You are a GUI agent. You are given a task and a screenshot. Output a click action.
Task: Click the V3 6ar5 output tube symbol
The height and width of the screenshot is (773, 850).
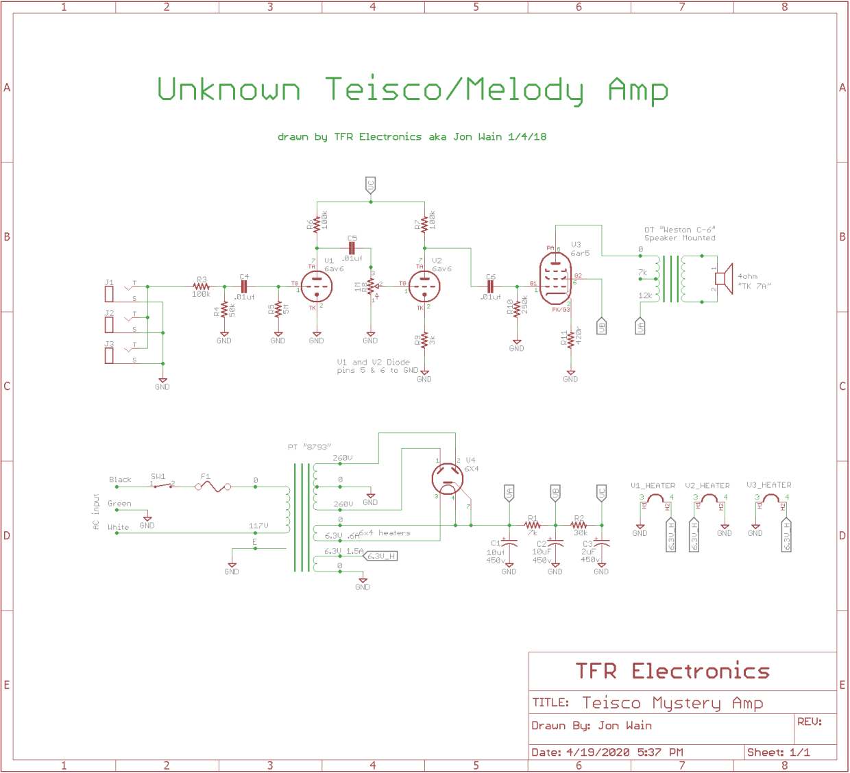coord(555,278)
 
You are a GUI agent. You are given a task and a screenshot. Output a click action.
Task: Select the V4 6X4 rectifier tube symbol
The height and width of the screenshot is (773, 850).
coord(448,478)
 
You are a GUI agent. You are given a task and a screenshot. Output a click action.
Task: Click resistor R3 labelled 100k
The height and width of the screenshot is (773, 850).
coord(202,286)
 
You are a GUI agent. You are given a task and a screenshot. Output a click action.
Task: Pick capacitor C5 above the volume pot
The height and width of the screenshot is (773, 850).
coord(352,247)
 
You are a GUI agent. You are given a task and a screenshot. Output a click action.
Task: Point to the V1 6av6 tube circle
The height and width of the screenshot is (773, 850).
coord(317,286)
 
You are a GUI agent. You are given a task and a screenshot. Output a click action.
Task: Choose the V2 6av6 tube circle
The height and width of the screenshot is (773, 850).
coord(424,286)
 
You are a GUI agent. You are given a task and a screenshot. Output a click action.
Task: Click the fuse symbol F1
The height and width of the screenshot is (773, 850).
coord(213,487)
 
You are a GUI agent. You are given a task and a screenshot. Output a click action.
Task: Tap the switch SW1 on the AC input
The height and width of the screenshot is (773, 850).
coord(162,484)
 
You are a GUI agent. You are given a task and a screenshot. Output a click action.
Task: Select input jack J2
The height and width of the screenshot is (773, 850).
coord(109,324)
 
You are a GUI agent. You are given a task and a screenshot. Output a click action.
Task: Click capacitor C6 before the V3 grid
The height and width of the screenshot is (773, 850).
coord(490,286)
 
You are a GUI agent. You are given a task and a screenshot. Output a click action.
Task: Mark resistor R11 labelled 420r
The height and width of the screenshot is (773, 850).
coord(570,340)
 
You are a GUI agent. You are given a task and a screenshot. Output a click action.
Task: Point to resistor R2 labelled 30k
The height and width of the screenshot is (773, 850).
coord(579,526)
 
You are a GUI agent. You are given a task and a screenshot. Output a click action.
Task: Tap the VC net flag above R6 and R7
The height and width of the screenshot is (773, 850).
coord(370,184)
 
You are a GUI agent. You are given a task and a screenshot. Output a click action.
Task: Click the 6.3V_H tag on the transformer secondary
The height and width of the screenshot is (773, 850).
coord(380,556)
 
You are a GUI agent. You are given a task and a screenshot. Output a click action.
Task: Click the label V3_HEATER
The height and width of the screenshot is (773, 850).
coord(768,485)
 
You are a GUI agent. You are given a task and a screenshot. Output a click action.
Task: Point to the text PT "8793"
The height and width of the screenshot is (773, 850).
coord(309,447)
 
